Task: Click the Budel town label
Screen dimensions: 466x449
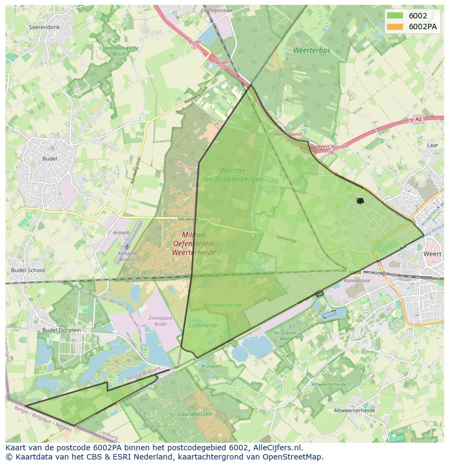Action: [x=49, y=159]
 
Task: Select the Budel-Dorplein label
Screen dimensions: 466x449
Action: [x=61, y=330]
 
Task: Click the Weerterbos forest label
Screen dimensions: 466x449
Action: [x=312, y=50]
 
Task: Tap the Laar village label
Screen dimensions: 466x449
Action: [x=432, y=145]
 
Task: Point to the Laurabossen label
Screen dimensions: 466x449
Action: [x=195, y=414]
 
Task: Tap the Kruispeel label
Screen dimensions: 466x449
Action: [x=211, y=366]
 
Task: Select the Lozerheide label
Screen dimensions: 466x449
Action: [x=203, y=325]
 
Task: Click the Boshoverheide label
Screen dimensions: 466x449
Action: [x=222, y=305]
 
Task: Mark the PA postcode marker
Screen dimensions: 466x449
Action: [x=360, y=201]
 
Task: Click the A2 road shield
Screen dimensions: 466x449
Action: [x=418, y=119]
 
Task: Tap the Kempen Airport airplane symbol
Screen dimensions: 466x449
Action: [x=127, y=247]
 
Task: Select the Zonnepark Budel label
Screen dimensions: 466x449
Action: [x=161, y=321]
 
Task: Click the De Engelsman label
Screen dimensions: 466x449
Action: [x=216, y=10]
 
